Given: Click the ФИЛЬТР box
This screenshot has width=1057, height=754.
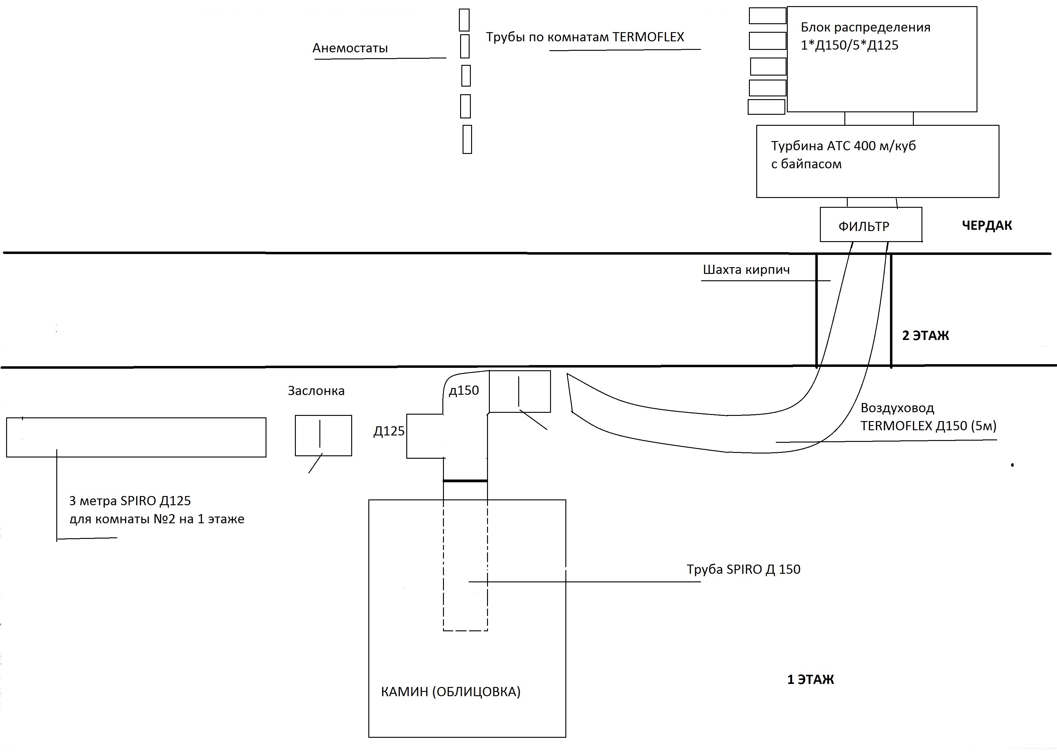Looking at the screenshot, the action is point(871,224).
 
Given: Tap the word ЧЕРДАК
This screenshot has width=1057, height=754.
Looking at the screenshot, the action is point(987,226).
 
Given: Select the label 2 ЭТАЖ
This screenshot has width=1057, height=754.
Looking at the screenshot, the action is point(926,336).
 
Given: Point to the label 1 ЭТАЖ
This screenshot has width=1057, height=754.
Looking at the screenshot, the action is point(810,680).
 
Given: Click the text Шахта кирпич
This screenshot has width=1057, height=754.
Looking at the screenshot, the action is point(746,270).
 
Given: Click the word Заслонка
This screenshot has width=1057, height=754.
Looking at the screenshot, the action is point(316,391).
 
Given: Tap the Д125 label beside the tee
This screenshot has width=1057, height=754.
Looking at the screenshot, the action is point(389,431).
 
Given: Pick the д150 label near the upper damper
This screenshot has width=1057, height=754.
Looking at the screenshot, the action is point(464,390).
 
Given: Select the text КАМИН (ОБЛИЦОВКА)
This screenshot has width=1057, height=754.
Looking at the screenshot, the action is point(451,692).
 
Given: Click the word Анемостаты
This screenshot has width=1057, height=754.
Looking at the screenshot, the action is point(350,48).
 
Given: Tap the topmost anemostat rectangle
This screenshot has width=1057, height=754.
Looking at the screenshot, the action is point(464,20).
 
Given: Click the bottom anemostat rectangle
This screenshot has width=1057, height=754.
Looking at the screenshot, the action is point(467,139).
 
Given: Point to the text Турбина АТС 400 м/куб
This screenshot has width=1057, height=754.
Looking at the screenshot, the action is point(843,146).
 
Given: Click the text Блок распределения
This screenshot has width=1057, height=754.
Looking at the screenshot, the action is point(866,28).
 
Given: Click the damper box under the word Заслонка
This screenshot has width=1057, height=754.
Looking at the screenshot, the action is point(324,435).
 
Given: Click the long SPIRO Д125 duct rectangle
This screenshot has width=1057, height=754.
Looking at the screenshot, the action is point(136,437).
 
